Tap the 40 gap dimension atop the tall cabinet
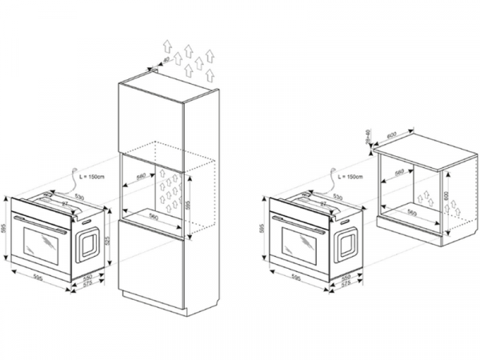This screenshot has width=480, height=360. [x=166, y=61]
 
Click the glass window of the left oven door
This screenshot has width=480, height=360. [x=42, y=245]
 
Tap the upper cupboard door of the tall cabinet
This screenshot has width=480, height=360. [x=151, y=116]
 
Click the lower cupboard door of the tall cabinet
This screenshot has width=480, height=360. [x=151, y=264]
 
